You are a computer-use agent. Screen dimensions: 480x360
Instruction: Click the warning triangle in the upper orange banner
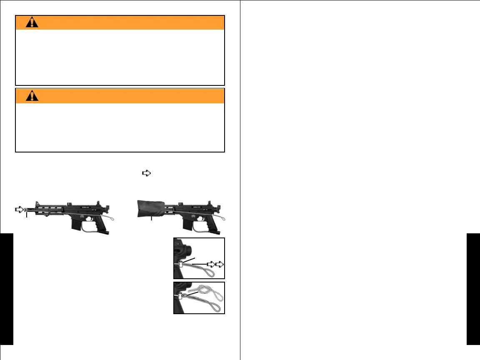coord(32,23)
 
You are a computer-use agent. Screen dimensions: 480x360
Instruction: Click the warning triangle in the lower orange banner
coord(32,96)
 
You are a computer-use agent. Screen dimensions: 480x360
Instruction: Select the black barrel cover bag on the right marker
coord(152,207)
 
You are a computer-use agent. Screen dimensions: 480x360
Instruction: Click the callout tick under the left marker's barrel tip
coord(27,215)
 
